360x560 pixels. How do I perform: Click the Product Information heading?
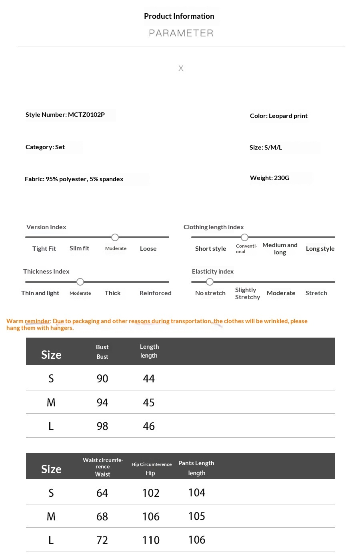point(179,16)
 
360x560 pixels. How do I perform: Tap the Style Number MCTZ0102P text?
point(65,115)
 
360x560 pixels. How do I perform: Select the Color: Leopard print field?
point(279,116)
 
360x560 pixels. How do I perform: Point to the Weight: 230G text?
point(270,178)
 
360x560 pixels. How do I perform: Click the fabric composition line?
point(74,179)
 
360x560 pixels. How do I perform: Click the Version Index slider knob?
point(115,238)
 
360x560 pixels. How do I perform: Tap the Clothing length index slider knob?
point(245,238)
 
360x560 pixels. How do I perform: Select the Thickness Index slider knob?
point(80,282)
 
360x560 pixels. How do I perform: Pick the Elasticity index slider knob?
point(210,282)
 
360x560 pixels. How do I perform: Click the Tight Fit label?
point(44,249)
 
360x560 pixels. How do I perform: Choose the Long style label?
point(320,249)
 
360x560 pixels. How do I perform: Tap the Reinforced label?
point(155,293)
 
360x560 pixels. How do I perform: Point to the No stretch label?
point(210,293)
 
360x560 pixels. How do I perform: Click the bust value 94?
point(102,403)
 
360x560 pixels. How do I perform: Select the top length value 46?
point(149,426)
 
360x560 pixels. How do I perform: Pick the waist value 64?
point(102,493)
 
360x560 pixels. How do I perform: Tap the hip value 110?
point(151,540)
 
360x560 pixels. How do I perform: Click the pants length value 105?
point(197,516)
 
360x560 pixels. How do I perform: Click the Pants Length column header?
point(196,463)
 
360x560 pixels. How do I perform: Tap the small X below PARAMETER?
point(181,68)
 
